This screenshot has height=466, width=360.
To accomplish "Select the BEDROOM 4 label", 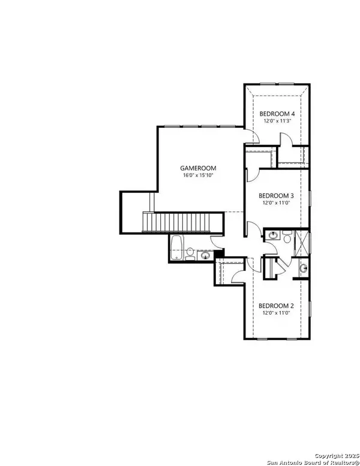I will coord(276,113).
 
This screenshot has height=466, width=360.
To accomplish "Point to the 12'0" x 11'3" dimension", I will coord(276,121).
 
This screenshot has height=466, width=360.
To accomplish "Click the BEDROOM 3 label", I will coord(276,195).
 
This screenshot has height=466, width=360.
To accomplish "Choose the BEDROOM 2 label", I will coord(276,306).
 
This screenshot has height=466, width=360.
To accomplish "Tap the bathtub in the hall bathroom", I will coord(176,248).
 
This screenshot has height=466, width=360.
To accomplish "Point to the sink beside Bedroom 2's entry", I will coord(303,267).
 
